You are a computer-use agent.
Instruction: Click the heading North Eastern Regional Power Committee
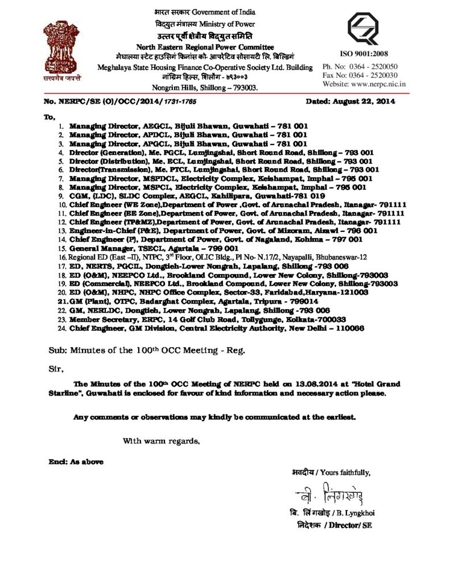(205, 47)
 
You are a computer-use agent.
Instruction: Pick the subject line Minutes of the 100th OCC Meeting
(147, 351)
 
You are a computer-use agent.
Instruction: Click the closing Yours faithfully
(347, 472)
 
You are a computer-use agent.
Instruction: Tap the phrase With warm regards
(162, 440)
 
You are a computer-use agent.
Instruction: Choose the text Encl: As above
(75, 462)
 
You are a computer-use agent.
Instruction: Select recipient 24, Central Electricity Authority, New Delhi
(216, 328)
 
